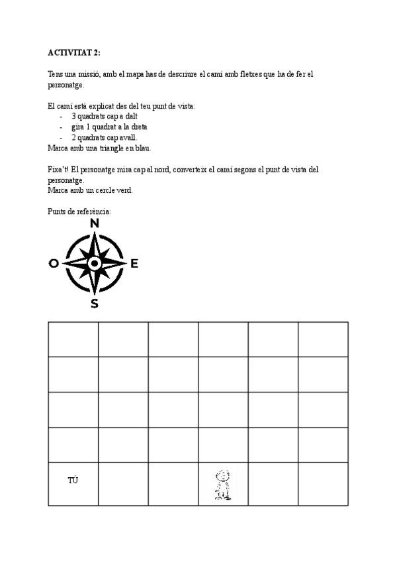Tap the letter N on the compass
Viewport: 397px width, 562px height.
point(95,223)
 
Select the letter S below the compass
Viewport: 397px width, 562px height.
point(95,304)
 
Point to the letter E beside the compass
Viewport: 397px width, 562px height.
point(134,264)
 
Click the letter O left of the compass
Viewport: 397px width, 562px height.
point(54,264)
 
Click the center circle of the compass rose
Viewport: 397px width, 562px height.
point(95,264)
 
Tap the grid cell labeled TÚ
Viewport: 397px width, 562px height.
point(73,480)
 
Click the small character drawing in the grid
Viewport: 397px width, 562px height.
point(223,484)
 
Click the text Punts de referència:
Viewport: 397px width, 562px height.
point(79,211)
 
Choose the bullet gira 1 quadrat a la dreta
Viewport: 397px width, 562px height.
point(109,127)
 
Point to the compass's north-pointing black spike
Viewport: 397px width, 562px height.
point(95,244)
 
